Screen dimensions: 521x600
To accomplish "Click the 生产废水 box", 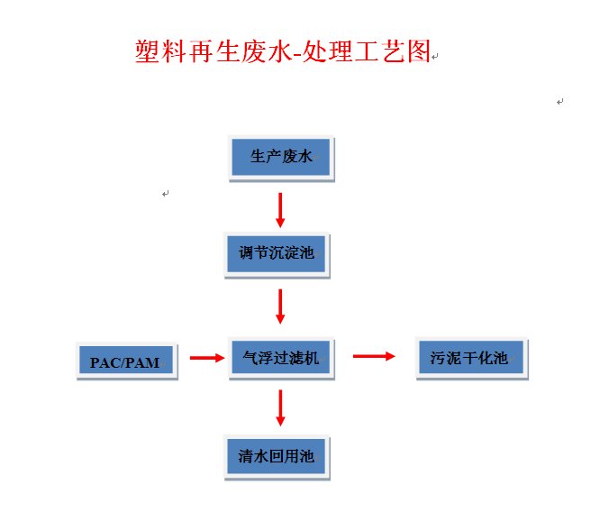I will [x=281, y=158].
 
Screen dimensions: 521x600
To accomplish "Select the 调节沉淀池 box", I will [x=276, y=253].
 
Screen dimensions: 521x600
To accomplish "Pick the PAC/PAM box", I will [x=125, y=361].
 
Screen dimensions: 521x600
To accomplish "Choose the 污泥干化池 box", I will [x=470, y=359].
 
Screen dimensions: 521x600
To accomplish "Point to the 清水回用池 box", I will [x=276, y=457].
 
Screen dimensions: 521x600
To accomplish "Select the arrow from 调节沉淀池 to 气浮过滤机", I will [x=280, y=306].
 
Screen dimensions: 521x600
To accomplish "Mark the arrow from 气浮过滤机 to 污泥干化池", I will [x=373, y=356].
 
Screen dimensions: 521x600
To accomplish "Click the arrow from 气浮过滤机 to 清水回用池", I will [x=280, y=407].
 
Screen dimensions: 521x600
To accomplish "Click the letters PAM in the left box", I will [x=143, y=362].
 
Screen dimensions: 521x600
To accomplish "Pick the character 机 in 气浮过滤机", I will [x=312, y=359].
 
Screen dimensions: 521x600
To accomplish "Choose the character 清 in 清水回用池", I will [x=245, y=457].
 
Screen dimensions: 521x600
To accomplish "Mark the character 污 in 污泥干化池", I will [x=437, y=359].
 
